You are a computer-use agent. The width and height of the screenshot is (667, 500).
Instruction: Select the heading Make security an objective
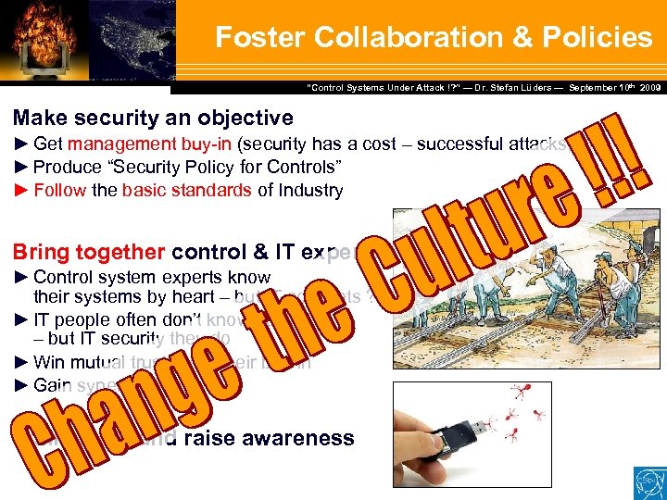[153, 118]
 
